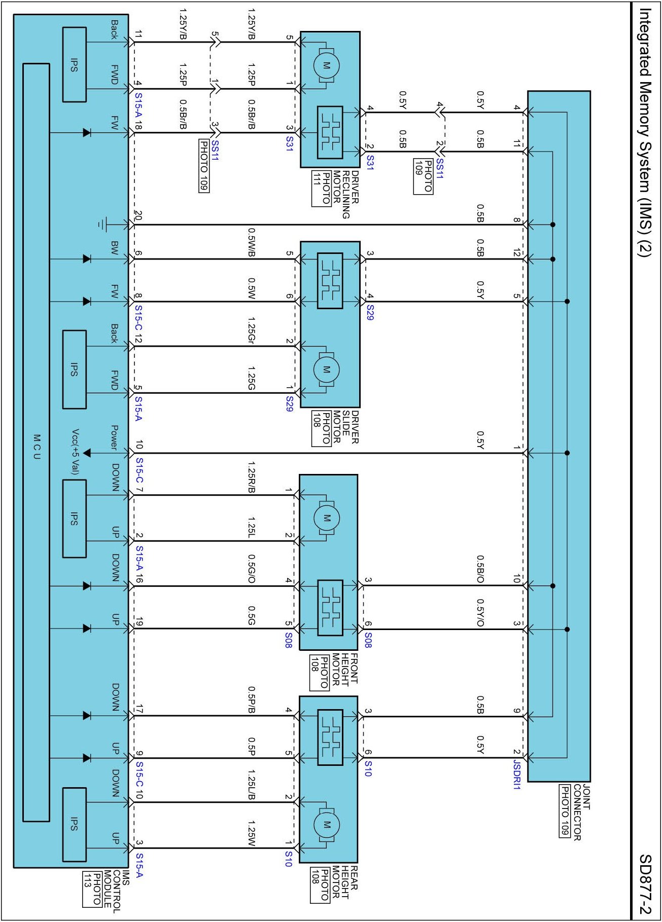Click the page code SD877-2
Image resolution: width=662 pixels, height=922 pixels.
coord(645,884)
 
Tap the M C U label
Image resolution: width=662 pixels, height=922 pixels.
coord(37,447)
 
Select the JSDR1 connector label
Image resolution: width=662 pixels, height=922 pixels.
coord(517,775)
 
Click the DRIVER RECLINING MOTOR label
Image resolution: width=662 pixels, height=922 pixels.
coord(345,194)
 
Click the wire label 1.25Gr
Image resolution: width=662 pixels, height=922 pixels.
coord(251,330)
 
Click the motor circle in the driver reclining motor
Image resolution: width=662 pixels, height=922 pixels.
coord(326,66)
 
